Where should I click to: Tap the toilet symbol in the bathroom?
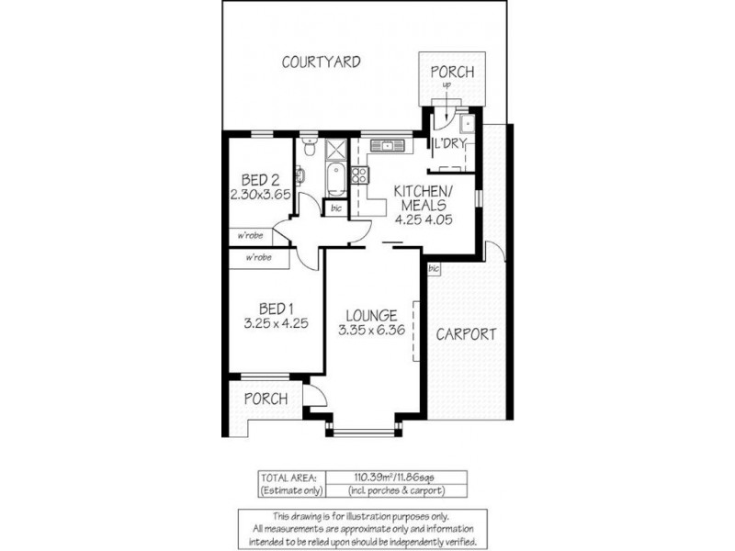click(310, 146)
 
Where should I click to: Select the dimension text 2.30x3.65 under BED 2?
click(260, 195)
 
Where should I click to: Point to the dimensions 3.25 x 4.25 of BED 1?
click(277, 323)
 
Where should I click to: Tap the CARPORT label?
click(466, 334)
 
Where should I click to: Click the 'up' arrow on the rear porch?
click(447, 87)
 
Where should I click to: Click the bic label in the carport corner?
click(435, 269)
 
